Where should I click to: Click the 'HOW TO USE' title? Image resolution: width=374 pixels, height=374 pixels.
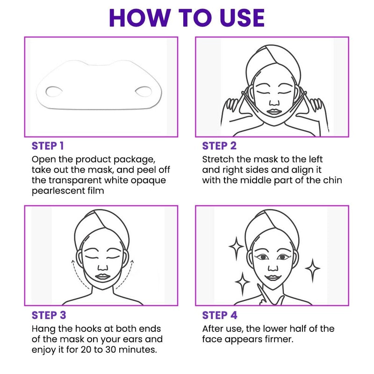click(187, 18)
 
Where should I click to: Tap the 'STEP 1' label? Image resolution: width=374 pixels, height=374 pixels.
click(48, 146)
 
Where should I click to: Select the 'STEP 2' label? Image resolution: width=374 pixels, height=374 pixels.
click(219, 146)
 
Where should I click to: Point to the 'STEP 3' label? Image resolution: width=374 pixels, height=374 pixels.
click(49, 315)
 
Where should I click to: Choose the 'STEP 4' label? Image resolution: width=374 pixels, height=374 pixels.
click(220, 315)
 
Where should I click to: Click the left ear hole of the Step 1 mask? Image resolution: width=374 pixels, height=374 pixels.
click(54, 92)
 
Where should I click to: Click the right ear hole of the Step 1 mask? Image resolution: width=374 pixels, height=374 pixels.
click(144, 92)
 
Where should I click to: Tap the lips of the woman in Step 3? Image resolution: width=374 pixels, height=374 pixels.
click(102, 277)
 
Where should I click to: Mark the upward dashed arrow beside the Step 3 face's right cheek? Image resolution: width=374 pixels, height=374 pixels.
click(126, 274)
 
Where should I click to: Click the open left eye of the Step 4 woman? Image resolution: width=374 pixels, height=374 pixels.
click(263, 257)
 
